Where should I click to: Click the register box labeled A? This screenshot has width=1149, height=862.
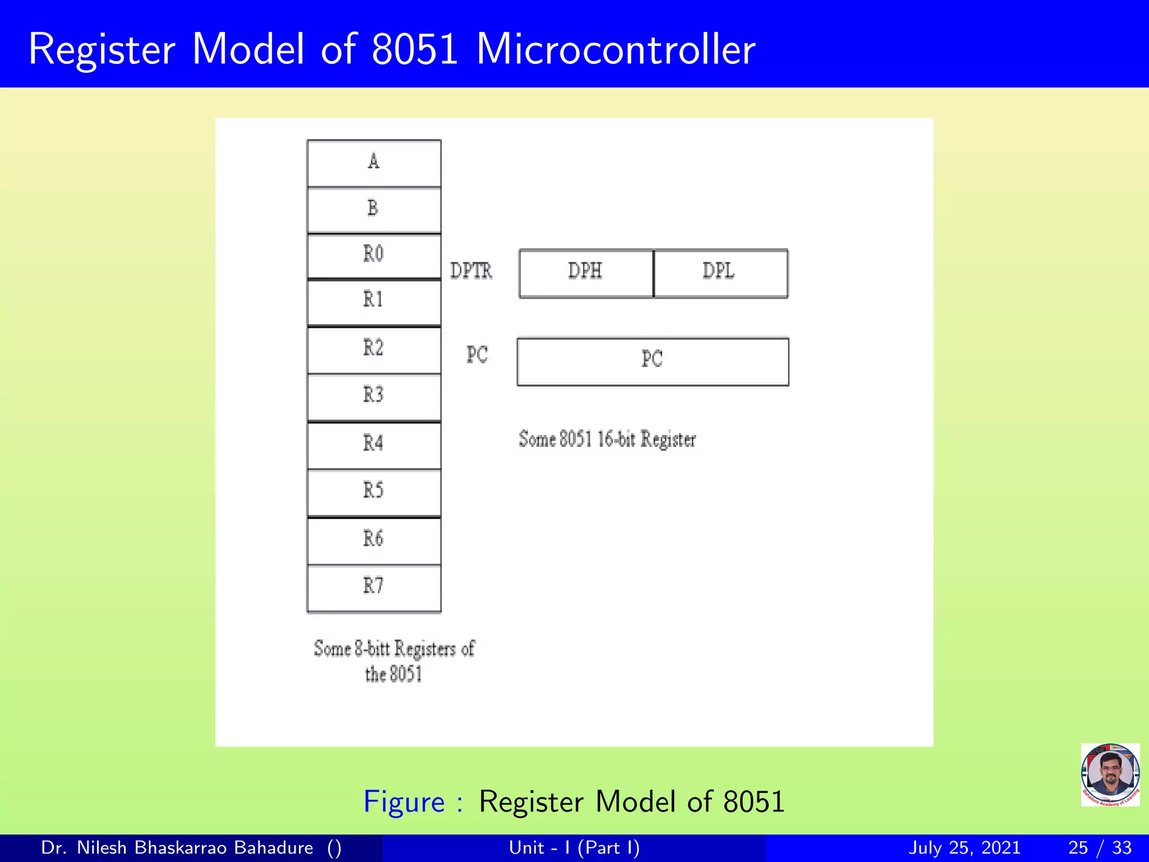374,163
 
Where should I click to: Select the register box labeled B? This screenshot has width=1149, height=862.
374,210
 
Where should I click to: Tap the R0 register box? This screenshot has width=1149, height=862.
374,256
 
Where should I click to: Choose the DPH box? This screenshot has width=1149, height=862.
586,273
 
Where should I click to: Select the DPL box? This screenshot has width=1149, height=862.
720,273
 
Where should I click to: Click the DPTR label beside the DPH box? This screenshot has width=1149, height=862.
471,271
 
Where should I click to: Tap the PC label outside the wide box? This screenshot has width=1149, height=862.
477,355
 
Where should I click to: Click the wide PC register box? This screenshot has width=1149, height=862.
652,361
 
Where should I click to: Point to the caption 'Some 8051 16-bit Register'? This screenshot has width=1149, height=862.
607,439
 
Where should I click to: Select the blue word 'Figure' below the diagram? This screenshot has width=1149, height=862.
404,801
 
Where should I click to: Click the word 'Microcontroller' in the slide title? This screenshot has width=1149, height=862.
615,49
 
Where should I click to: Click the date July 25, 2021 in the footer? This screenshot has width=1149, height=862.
964,847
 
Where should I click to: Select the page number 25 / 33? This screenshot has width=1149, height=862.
1100,847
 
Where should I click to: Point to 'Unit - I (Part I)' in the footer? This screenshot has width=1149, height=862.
574,847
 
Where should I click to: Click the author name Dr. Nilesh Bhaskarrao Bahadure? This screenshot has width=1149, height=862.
177,847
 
